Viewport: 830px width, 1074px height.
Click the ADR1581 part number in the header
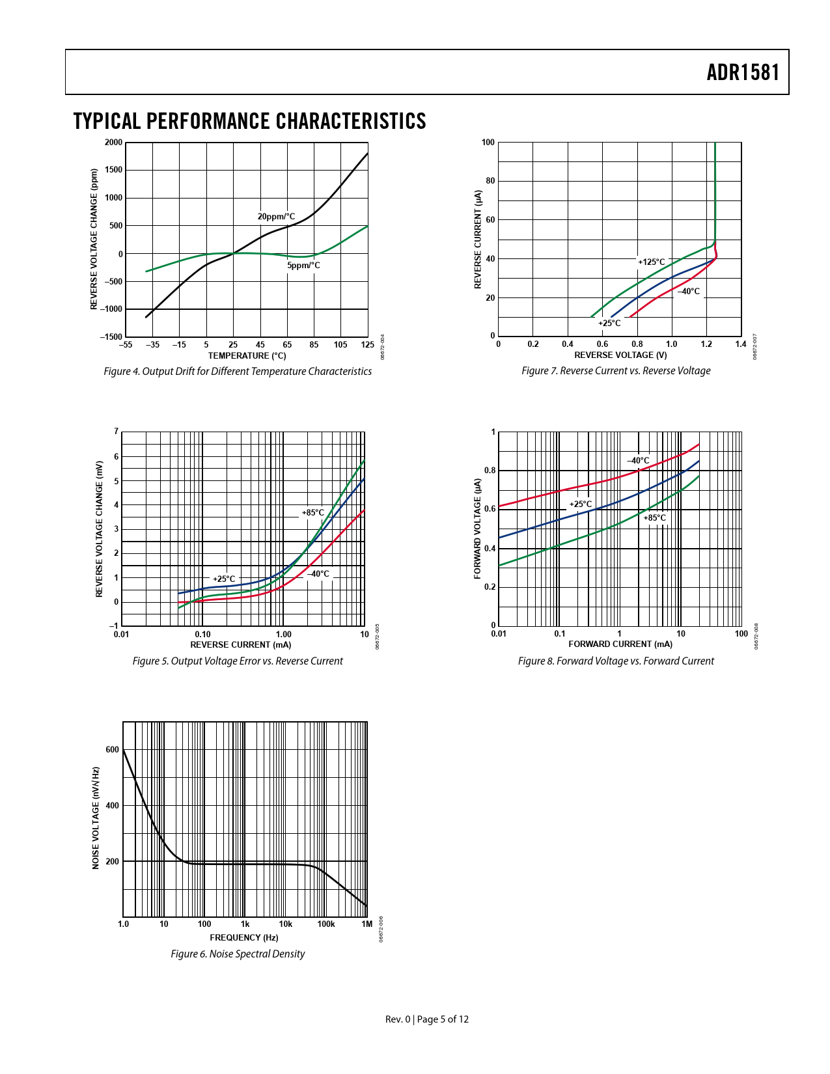click(x=743, y=72)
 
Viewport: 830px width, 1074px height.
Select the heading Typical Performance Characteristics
click(x=249, y=121)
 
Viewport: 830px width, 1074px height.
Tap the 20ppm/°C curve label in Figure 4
click(x=276, y=217)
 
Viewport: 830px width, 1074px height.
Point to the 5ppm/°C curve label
click(x=303, y=266)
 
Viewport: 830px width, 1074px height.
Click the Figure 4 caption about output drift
click(x=238, y=371)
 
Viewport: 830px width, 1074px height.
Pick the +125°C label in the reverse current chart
click(x=651, y=262)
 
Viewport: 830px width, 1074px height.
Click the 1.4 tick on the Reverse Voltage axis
click(x=741, y=344)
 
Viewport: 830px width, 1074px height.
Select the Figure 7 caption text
click(x=616, y=370)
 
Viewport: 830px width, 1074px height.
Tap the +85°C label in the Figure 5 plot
click(x=312, y=513)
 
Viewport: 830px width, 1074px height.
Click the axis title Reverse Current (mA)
click(x=240, y=644)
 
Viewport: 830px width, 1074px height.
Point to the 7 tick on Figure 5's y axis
click(x=117, y=432)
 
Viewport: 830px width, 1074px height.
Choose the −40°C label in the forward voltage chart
click(x=638, y=461)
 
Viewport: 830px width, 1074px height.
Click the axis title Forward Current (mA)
click(x=620, y=644)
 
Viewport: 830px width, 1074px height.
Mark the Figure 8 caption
click(x=616, y=661)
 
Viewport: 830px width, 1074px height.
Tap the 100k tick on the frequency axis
click(x=326, y=924)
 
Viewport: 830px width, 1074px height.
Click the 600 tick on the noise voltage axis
click(x=113, y=750)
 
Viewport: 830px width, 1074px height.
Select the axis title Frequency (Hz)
click(x=243, y=937)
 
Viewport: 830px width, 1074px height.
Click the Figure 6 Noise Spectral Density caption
click(x=238, y=954)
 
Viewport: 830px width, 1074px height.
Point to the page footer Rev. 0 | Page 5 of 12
click(x=427, y=1019)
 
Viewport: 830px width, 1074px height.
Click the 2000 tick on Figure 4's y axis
click(x=113, y=143)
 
